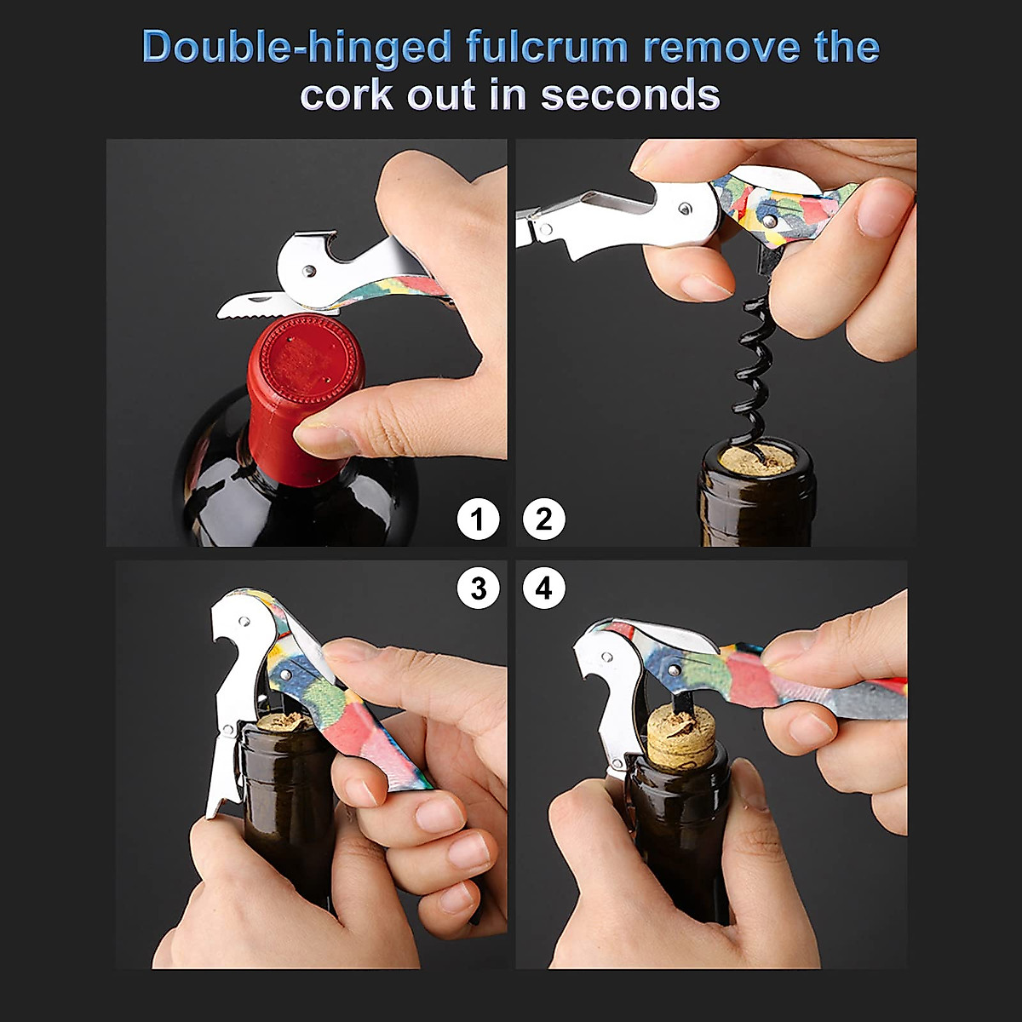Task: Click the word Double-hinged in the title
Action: click(297, 47)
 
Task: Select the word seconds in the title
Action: click(630, 94)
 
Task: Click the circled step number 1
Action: click(478, 519)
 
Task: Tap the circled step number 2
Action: click(544, 519)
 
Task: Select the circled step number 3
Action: click(478, 589)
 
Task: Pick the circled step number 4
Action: click(544, 589)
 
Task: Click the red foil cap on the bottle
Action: click(305, 375)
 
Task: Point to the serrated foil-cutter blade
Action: click(251, 305)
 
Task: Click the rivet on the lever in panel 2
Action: click(685, 207)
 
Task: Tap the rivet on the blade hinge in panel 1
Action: click(308, 271)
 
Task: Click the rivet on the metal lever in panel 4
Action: click(607, 657)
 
